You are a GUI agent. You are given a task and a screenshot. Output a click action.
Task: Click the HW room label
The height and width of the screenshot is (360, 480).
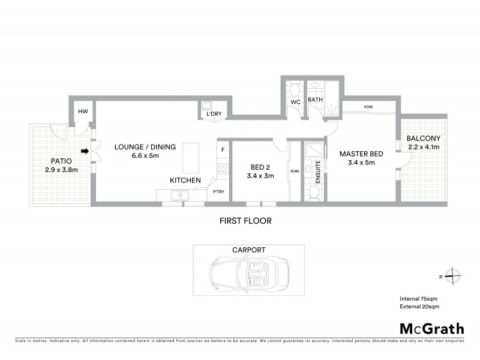[83, 112]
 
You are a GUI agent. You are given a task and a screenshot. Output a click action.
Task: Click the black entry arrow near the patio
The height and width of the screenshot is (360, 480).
[85, 151]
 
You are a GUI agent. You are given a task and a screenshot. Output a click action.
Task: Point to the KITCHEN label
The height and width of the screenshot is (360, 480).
[185, 180]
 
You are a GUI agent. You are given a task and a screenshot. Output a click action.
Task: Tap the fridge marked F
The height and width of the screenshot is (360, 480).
[223, 149]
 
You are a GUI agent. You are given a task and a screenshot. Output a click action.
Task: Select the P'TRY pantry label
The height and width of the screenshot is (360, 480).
[218, 192]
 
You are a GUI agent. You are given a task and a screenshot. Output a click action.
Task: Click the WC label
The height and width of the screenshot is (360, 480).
[295, 103]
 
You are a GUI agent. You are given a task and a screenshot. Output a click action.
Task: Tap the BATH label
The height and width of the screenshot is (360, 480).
[316, 100]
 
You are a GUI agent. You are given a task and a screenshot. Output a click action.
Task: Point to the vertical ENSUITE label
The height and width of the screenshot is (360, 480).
[319, 170]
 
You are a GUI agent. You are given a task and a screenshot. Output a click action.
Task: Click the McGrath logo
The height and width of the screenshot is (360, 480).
[431, 328]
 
